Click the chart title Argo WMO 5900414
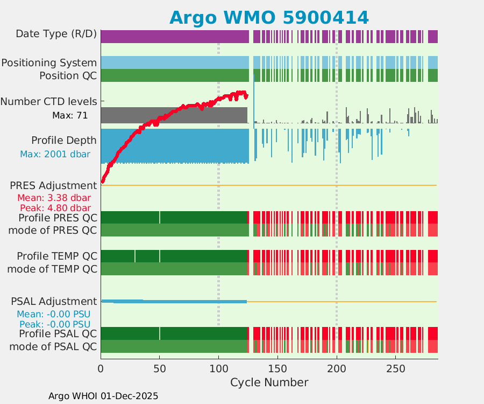[269, 17]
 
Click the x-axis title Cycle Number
[269, 382]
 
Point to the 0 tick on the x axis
[101, 369]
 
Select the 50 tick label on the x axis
[159, 369]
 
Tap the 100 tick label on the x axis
[218, 369]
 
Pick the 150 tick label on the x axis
[277, 369]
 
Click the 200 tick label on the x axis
[337, 369]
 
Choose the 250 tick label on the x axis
[396, 369]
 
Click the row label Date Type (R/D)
[56, 34]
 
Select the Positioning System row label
[49, 63]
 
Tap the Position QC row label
[68, 75]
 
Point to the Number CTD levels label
[49, 101]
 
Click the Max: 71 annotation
[69, 115]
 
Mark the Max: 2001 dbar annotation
[55, 154]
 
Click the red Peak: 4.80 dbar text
[55, 208]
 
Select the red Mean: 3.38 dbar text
[54, 198]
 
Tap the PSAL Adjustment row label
[54, 301]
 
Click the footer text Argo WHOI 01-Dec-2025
[103, 396]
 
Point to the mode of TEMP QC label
[52, 268]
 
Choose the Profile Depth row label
[64, 141]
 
